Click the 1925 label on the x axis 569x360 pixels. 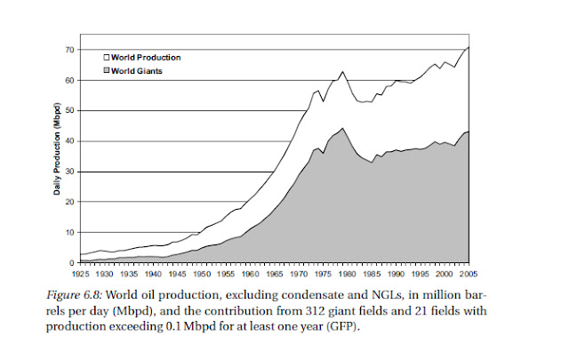click(82, 275)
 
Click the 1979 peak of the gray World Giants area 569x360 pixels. click(342, 128)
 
